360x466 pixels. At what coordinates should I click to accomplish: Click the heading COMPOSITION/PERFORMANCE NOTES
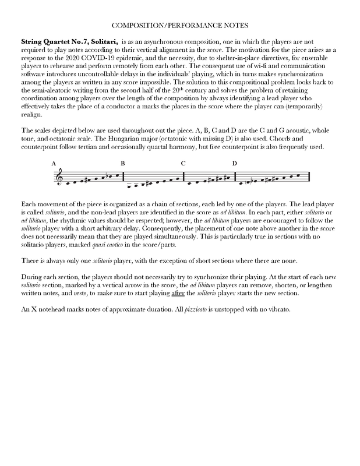(x=180, y=26)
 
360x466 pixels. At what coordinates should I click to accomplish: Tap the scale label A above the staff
(x=54, y=163)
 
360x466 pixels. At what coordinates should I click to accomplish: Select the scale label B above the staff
(x=123, y=163)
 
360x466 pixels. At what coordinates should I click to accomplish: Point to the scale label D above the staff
(x=235, y=163)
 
